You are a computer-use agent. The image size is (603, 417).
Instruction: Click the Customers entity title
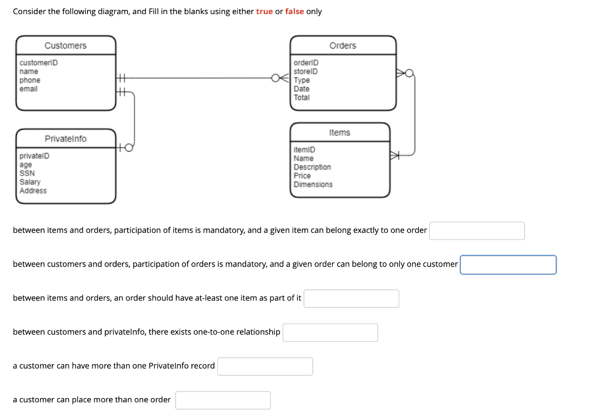click(x=65, y=46)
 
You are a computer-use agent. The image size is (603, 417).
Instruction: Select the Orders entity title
click(x=342, y=46)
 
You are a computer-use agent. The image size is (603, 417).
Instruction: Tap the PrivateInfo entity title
click(x=65, y=139)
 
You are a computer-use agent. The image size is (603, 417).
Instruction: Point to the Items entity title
click(x=339, y=133)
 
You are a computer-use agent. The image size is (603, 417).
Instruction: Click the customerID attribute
click(x=38, y=63)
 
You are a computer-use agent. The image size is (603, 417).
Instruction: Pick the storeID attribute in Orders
click(x=306, y=72)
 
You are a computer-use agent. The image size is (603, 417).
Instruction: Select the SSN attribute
click(x=27, y=174)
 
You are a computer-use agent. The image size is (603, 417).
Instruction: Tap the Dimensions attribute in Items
click(x=313, y=185)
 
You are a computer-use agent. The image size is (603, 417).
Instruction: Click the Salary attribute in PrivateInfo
click(x=30, y=182)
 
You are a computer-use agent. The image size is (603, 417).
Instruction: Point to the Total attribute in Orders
click(x=301, y=98)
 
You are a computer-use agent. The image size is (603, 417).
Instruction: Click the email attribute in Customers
click(x=28, y=89)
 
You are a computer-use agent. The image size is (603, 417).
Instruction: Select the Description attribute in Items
click(x=312, y=167)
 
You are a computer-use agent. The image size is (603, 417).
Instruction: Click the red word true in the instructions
click(x=264, y=12)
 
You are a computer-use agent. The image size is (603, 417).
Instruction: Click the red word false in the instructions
click(x=294, y=12)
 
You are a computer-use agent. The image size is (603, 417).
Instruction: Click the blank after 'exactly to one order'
click(x=476, y=231)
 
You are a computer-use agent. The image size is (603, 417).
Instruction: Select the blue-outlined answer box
click(x=508, y=265)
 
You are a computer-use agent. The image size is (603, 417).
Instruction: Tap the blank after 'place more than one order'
click(x=223, y=401)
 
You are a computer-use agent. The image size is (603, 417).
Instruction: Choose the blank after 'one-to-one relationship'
click(x=330, y=332)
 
